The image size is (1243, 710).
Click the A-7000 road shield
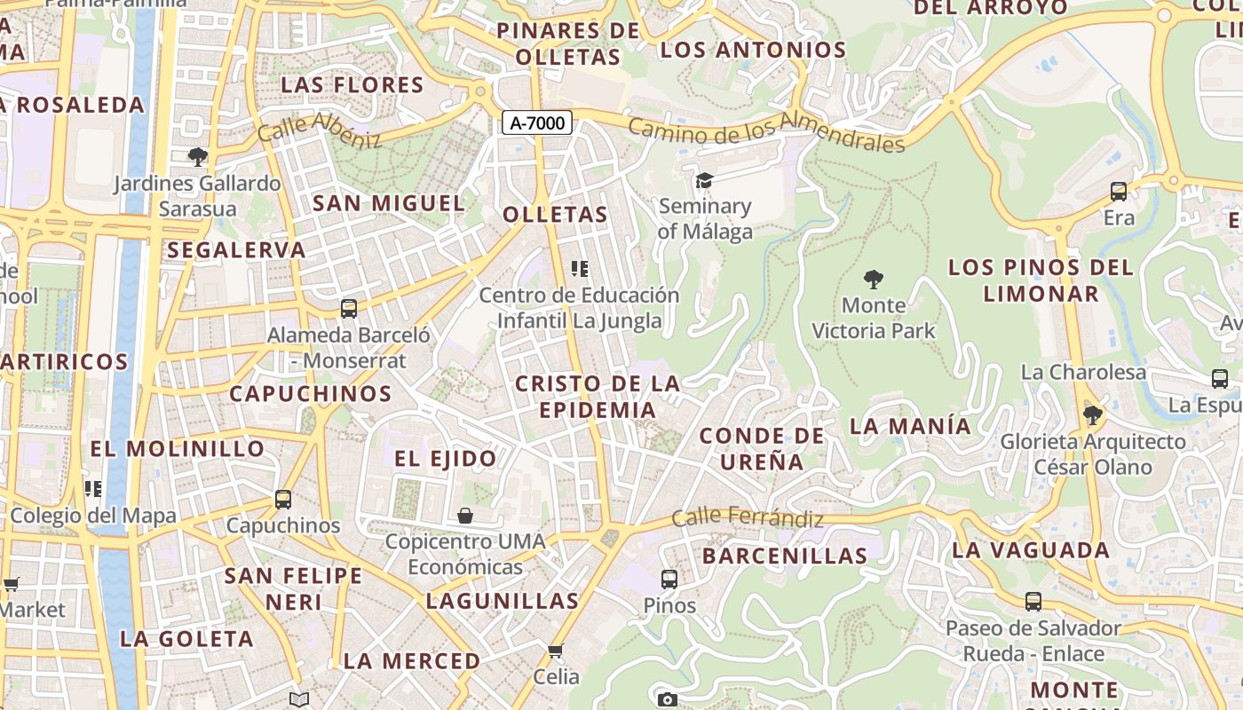click(537, 122)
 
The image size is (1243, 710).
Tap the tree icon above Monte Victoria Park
click(874, 280)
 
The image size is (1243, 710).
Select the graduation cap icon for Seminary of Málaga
click(704, 180)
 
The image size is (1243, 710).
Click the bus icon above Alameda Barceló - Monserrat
click(349, 309)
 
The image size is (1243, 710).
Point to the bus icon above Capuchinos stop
click(283, 499)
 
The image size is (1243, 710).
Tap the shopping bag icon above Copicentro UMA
click(464, 515)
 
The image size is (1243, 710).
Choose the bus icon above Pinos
click(669, 580)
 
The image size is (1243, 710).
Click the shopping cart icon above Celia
click(556, 651)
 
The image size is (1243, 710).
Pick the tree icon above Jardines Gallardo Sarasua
click(197, 157)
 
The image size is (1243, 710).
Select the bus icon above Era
click(1119, 191)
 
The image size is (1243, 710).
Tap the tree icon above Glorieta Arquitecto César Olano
click(1092, 414)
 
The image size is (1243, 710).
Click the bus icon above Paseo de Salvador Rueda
click(1033, 601)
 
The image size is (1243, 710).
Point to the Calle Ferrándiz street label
click(748, 517)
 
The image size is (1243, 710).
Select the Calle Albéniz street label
click(320, 130)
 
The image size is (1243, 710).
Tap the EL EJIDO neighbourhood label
click(446, 459)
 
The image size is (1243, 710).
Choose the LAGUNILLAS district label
click(503, 601)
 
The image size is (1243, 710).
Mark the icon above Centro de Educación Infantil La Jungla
click(580, 268)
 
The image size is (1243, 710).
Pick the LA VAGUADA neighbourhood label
click(1031, 550)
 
